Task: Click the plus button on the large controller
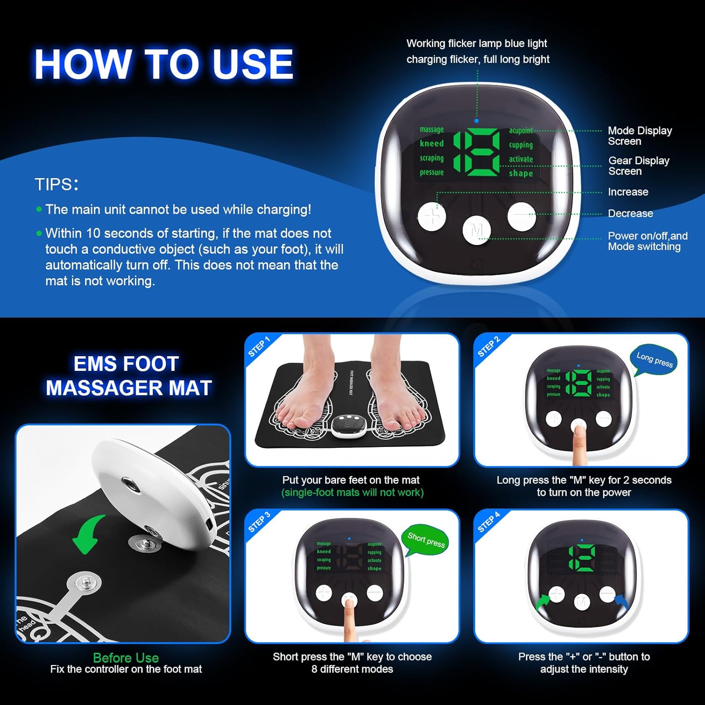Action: point(431,217)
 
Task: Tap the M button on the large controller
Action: point(477,230)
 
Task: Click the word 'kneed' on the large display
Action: point(431,143)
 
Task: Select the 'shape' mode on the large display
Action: point(521,173)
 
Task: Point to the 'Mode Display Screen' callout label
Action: point(639,136)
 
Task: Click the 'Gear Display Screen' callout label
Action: point(638,166)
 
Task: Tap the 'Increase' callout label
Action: point(628,192)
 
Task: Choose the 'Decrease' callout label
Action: point(630,213)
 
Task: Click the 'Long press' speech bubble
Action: point(654,360)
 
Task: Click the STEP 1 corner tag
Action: point(259,347)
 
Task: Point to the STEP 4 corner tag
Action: point(488,522)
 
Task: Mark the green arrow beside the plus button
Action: point(543,602)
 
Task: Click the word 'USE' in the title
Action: point(252,64)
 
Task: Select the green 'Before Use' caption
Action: point(126,657)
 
